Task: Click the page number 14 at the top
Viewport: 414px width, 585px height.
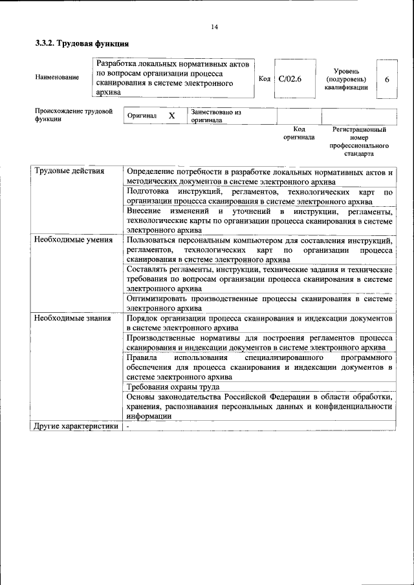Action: pyautogui.click(x=214, y=27)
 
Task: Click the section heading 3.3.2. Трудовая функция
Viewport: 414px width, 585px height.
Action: pyautogui.click(x=82, y=44)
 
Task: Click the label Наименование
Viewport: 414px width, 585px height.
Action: pyautogui.click(x=57, y=78)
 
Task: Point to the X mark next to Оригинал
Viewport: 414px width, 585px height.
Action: pyautogui.click(x=171, y=116)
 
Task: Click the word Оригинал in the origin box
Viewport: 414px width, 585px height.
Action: pyautogui.click(x=142, y=116)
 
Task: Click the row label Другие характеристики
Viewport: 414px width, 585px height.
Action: pyautogui.click(x=76, y=426)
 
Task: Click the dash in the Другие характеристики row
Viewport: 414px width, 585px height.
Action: pyautogui.click(x=128, y=426)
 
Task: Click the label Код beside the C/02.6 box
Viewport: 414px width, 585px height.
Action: pyautogui.click(x=264, y=79)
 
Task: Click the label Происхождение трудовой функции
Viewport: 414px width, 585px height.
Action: pyautogui.click(x=73, y=115)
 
